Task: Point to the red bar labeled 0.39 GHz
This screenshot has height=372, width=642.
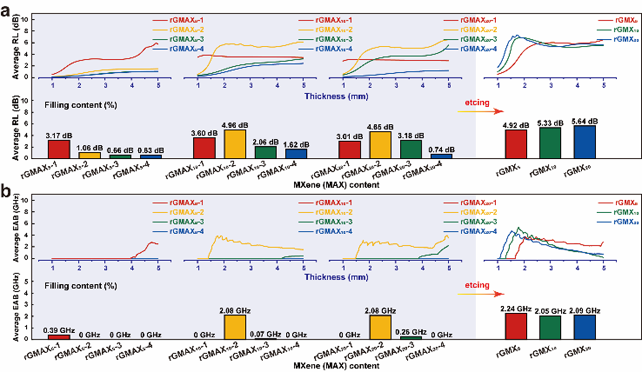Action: click(x=59, y=336)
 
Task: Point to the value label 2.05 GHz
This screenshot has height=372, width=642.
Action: click(x=551, y=311)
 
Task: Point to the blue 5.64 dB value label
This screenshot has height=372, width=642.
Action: click(x=584, y=121)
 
